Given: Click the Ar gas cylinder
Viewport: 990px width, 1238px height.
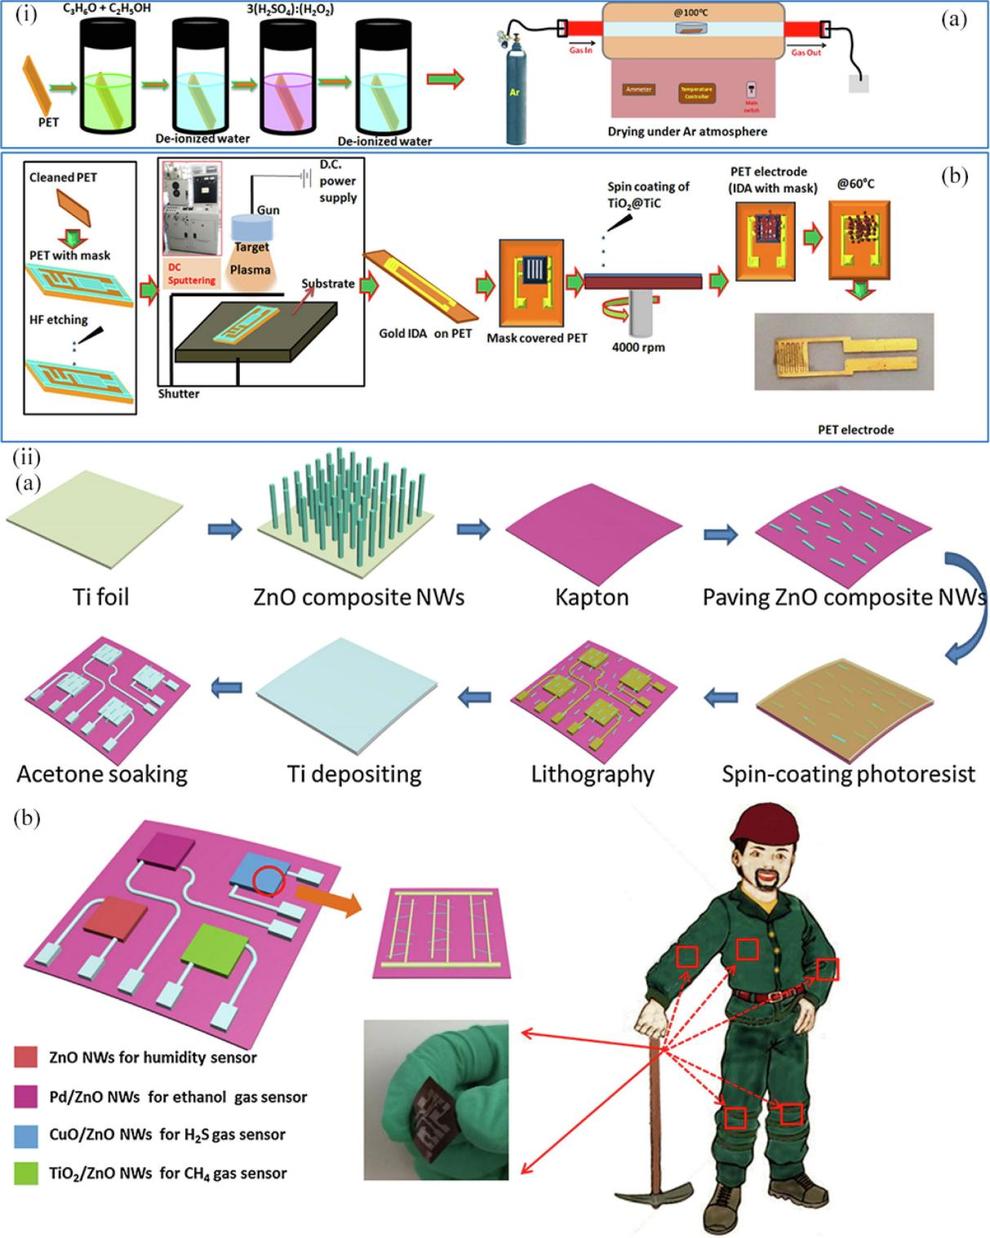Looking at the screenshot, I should pyautogui.click(x=515, y=94).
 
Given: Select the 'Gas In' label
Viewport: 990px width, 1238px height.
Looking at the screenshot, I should pyautogui.click(x=581, y=51).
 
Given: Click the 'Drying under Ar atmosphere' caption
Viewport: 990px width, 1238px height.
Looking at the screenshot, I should pyautogui.click(x=687, y=131).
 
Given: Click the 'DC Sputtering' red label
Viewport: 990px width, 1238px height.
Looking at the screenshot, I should pyautogui.click(x=192, y=274).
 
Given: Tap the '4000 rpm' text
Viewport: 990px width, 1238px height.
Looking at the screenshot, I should pyautogui.click(x=638, y=348).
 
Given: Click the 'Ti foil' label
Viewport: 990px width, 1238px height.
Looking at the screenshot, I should pyautogui.click(x=100, y=597).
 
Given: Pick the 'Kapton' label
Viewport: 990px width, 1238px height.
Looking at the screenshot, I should pyautogui.click(x=592, y=597).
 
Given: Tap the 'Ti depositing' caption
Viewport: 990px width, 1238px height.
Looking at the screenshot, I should pyautogui.click(x=354, y=774).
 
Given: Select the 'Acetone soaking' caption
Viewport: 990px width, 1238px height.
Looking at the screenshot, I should pyautogui.click(x=102, y=774).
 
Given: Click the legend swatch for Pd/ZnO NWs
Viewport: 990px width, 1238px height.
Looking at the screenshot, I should pyautogui.click(x=25, y=1097).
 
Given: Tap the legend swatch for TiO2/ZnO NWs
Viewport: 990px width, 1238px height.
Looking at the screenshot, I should pyautogui.click(x=25, y=1174).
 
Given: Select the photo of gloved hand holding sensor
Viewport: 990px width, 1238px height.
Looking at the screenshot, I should pyautogui.click(x=436, y=1099).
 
